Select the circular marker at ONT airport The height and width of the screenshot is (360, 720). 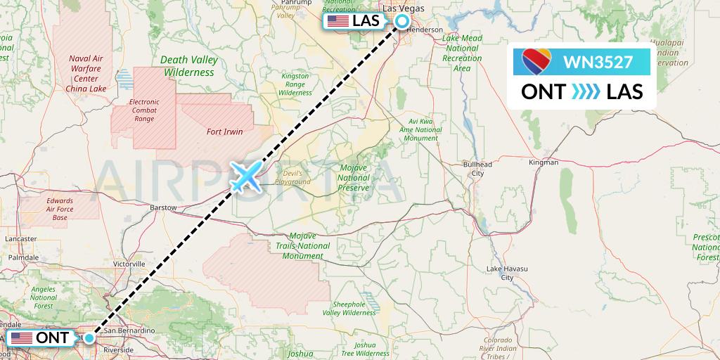pos(89,338)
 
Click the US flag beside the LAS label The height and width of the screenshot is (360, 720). pos(338,21)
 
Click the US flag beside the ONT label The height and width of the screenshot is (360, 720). pos(21,338)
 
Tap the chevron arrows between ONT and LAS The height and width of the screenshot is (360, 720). pos(581,91)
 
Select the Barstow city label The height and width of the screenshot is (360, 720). pos(163,208)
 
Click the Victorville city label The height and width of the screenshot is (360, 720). pos(129,264)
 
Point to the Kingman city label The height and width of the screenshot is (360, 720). pos(543,162)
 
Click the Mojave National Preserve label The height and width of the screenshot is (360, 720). pos(354,178)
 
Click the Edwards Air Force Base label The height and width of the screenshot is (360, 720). pos(60,209)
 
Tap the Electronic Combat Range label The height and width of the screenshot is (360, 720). pos(144,110)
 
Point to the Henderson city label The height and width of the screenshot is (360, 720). pos(426,30)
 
